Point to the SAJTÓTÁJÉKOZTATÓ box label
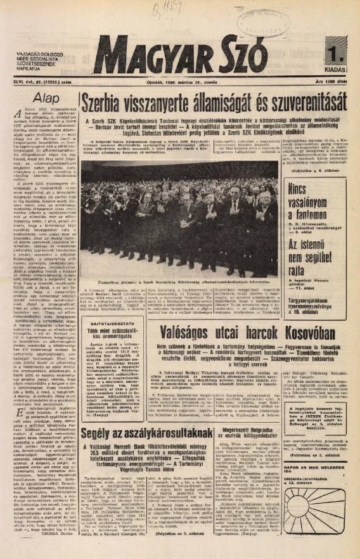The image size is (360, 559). pos(103,322)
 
